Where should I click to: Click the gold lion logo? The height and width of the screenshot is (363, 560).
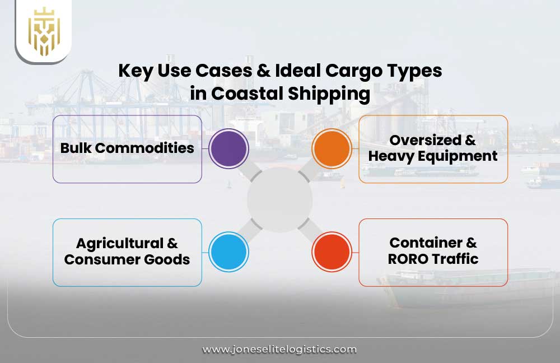tap(44, 31)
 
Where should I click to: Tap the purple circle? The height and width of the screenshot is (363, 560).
tap(228, 148)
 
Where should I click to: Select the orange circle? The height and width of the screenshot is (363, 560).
tap(332, 148)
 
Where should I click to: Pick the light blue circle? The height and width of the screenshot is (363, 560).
tap(228, 252)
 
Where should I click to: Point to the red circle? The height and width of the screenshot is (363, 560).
tap(332, 252)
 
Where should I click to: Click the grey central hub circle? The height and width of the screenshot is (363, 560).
tap(280, 200)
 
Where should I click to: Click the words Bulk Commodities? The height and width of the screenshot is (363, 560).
tap(127, 148)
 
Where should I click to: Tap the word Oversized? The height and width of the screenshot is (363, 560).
tap(433, 140)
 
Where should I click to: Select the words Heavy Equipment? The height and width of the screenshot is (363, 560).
tap(433, 156)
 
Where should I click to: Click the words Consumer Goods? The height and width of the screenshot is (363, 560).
tap(127, 260)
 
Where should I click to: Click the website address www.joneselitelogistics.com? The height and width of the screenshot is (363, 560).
tap(279, 349)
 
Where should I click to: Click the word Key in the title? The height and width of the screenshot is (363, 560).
tap(134, 71)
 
